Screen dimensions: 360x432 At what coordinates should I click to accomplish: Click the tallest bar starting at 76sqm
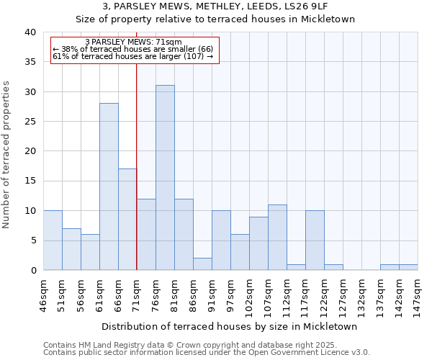point(165,178)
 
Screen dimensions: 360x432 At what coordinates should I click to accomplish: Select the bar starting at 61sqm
point(109,186)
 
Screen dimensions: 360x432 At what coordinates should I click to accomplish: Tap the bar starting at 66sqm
point(127,220)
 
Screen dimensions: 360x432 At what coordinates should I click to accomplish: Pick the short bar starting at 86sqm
point(202,264)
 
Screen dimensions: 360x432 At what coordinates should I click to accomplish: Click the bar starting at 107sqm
point(277,238)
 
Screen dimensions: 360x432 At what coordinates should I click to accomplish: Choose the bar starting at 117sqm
point(315,240)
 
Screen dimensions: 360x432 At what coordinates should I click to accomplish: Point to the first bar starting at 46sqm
point(53,240)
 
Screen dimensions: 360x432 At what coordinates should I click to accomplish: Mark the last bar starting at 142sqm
point(408,267)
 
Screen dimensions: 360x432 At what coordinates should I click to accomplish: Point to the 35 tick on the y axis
point(30,62)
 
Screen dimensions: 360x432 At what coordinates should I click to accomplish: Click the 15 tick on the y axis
point(30,181)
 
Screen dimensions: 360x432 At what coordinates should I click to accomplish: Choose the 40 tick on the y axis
point(30,32)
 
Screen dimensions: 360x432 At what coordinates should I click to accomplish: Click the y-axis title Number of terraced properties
point(6,154)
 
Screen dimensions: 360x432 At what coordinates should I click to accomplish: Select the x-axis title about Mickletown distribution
point(230,326)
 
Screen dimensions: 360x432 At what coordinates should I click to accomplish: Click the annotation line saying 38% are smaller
point(133,49)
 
